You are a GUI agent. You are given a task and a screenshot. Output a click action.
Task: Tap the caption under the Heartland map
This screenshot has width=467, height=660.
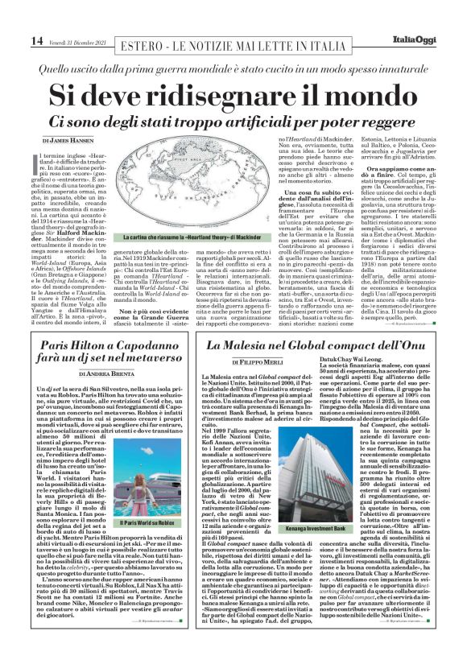[180, 239]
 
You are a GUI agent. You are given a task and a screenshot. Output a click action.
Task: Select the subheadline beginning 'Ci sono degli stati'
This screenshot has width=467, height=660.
[233, 120]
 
